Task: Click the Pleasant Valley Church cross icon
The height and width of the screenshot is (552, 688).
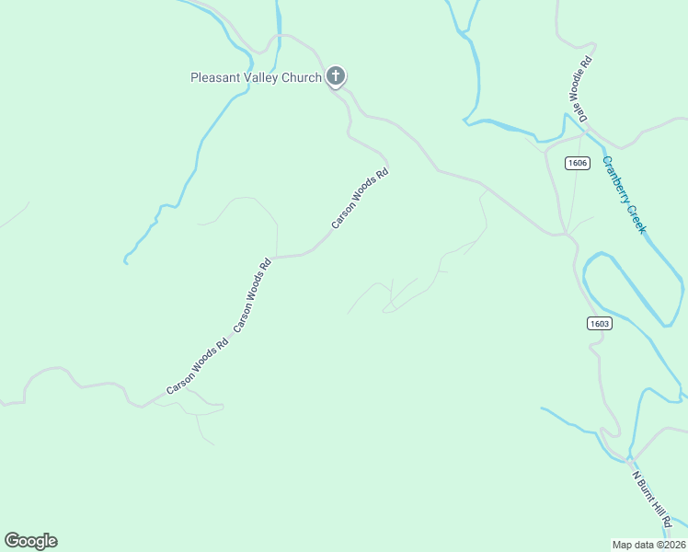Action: pos(336,76)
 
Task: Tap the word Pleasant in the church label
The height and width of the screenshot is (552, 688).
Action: pos(215,77)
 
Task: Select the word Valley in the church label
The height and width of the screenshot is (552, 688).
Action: pos(264,77)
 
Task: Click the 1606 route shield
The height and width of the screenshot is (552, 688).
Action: pos(577,163)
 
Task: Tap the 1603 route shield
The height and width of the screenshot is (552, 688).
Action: pos(599,323)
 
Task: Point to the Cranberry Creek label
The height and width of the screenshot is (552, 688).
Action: pos(625,194)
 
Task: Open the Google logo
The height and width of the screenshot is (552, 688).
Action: pos(30,541)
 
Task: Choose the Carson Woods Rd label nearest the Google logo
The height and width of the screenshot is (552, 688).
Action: pos(197,368)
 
